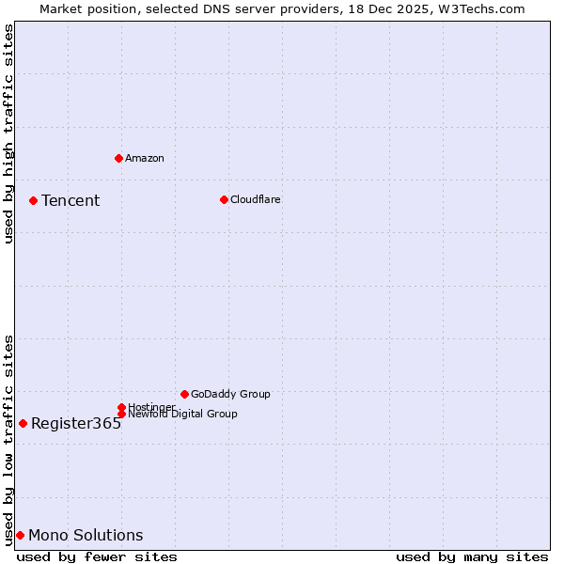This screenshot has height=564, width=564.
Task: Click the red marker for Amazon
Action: tap(118, 158)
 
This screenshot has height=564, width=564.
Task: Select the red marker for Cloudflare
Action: tap(224, 199)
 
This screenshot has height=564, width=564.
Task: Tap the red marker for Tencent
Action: tap(33, 200)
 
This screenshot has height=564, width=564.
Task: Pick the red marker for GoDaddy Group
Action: tap(184, 394)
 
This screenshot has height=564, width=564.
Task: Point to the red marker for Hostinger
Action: tap(121, 407)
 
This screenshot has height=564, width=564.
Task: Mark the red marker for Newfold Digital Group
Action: tap(121, 414)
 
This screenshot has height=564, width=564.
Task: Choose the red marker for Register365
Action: tap(23, 423)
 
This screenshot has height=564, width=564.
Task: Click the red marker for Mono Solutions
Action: tap(20, 535)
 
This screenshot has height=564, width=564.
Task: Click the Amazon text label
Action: tap(145, 158)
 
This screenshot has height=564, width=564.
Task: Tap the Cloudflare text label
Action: tap(256, 199)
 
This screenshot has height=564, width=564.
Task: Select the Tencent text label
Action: tap(70, 200)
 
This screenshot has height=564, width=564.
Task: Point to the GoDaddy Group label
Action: tap(230, 394)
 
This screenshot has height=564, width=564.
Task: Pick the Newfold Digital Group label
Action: tap(182, 414)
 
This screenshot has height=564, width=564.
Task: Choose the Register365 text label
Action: tap(76, 423)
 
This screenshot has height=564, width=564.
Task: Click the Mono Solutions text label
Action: tap(86, 535)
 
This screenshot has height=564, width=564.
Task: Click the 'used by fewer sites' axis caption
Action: tap(97, 556)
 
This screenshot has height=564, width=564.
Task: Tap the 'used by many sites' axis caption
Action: tap(472, 556)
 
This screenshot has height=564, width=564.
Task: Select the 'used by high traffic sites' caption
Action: tap(8, 133)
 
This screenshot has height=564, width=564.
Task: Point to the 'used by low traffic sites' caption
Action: tap(8, 440)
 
